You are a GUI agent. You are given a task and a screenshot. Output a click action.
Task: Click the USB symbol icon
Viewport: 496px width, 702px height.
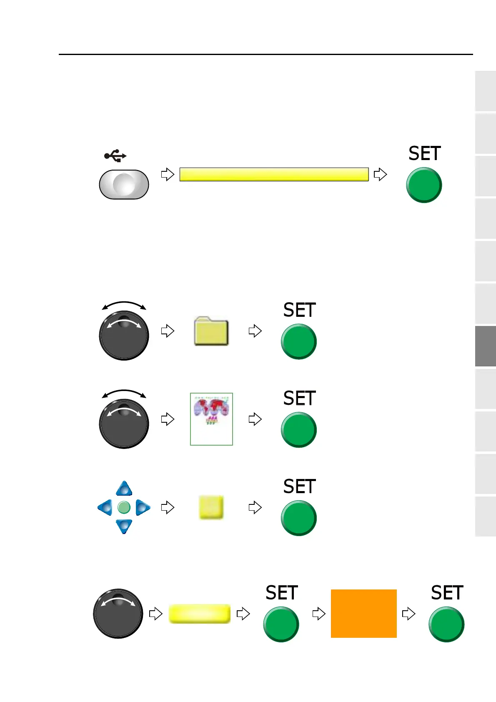pos(115,156)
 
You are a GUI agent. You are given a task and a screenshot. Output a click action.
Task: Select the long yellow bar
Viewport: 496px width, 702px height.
pos(274,174)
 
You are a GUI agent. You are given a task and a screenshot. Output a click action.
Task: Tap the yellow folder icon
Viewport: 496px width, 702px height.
pos(211,331)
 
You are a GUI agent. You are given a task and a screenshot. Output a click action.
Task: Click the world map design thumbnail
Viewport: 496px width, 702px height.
pos(211,419)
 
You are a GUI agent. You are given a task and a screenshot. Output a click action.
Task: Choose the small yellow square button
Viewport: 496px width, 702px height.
pos(211,507)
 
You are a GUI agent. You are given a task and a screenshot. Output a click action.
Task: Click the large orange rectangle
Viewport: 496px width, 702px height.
pos(363,613)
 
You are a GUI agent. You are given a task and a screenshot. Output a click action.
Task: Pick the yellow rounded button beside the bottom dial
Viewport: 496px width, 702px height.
pos(200,614)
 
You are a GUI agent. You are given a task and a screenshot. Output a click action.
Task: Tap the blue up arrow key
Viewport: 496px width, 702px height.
pos(124,489)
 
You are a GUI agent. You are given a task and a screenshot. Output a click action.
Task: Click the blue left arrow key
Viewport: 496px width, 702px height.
pos(105,507)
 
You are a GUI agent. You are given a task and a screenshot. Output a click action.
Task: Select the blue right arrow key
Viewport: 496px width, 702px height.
pos(143,507)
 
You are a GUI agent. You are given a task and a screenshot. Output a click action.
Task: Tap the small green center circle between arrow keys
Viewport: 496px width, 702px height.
pos(124,507)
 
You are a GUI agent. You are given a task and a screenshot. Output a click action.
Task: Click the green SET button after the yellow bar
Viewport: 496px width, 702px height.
pos(424,185)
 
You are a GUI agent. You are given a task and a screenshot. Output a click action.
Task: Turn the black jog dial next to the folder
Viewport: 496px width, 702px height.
pos(124,336)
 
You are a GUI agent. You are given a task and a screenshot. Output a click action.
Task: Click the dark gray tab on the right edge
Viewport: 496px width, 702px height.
pos(485,346)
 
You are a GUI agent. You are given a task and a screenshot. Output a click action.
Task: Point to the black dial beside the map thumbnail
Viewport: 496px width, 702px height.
pos(124,424)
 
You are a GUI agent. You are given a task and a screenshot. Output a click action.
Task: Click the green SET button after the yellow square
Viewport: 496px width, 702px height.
pos(298,518)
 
